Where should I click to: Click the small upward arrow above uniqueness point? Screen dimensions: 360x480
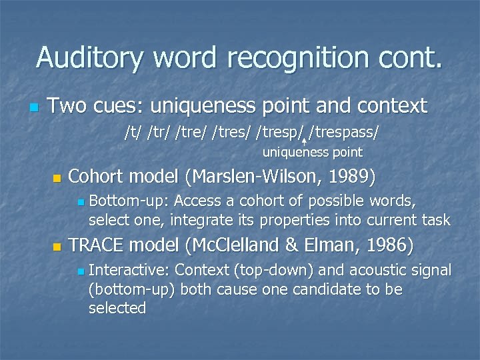point(304,141)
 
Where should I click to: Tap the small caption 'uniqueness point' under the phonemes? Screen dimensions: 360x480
point(312,153)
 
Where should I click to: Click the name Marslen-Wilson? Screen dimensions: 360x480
point(263,177)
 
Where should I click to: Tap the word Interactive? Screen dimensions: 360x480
point(129,271)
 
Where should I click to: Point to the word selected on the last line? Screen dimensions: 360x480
point(117,308)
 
